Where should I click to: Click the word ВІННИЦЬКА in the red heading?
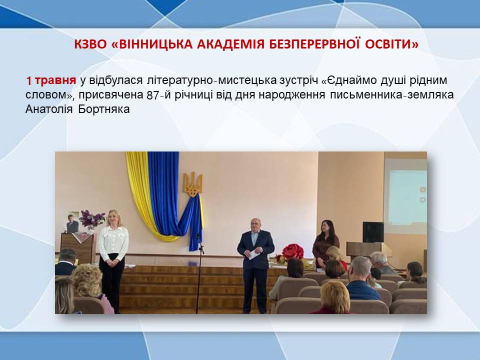click(155, 44)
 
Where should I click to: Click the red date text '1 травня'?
click(51, 80)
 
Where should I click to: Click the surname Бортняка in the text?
click(104, 109)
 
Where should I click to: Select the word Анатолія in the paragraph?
click(49, 109)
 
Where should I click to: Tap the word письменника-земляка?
click(391, 95)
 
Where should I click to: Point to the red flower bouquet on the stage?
click(292, 252)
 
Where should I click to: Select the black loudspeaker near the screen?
click(373, 232)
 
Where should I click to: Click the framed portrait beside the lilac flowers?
click(73, 222)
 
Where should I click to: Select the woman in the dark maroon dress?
click(325, 243)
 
